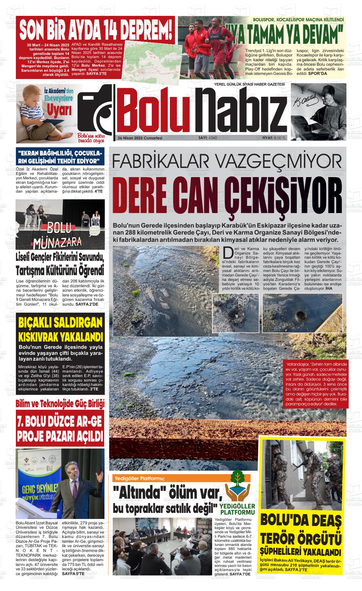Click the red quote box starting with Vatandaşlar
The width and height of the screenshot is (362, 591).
(x=316, y=384)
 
